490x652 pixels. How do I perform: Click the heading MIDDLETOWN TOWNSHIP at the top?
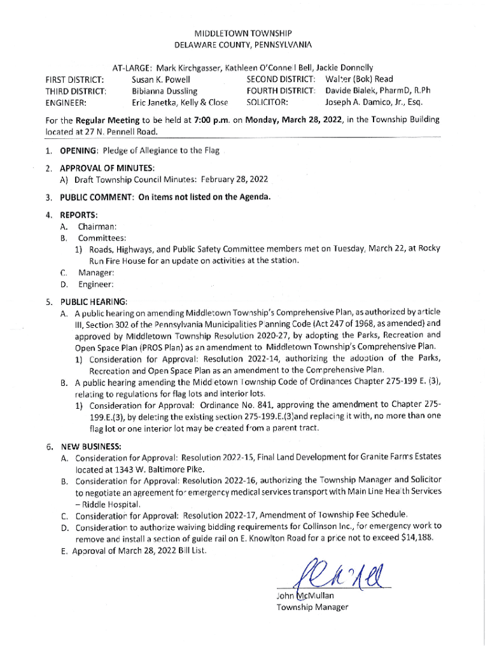pyautogui.click(x=244, y=33)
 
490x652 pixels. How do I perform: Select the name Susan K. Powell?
pyautogui.click(x=160, y=80)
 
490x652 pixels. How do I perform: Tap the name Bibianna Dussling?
pyautogui.click(x=164, y=90)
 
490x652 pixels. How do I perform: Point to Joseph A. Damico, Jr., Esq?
pyautogui.click(x=374, y=101)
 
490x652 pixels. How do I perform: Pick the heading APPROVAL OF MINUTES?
pyautogui.click(x=108, y=169)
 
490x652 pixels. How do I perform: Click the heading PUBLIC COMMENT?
pyautogui.click(x=95, y=197)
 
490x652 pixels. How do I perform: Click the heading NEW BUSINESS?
pyautogui.click(x=90, y=446)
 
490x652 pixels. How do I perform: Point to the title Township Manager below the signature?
pyautogui.click(x=312, y=607)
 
